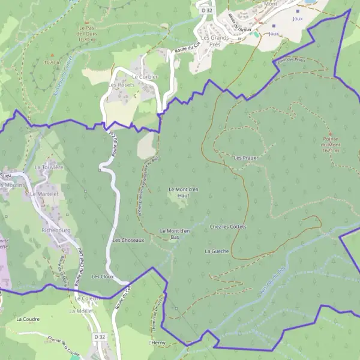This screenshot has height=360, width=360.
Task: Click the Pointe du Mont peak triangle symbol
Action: (x=330, y=133)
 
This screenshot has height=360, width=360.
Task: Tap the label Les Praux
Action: (x=245, y=158)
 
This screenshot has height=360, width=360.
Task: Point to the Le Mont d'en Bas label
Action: (x=175, y=233)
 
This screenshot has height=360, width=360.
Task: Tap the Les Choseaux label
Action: (x=128, y=240)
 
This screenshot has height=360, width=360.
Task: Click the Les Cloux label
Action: (x=103, y=277)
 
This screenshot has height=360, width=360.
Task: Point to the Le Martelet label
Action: (x=50, y=196)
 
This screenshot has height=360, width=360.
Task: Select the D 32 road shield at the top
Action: (x=207, y=10)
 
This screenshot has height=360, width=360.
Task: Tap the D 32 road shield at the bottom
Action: (x=100, y=338)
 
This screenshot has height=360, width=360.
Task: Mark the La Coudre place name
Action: (x=28, y=319)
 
